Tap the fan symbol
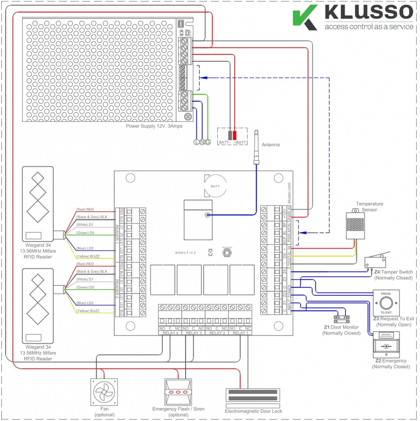(104, 392)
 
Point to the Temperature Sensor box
(355, 225)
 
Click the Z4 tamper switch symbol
(375, 261)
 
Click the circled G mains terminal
(207, 143)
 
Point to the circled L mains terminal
(196, 143)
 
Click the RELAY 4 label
(170, 333)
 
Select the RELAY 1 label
(239, 333)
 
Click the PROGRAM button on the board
(227, 253)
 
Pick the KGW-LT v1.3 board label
(186, 253)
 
